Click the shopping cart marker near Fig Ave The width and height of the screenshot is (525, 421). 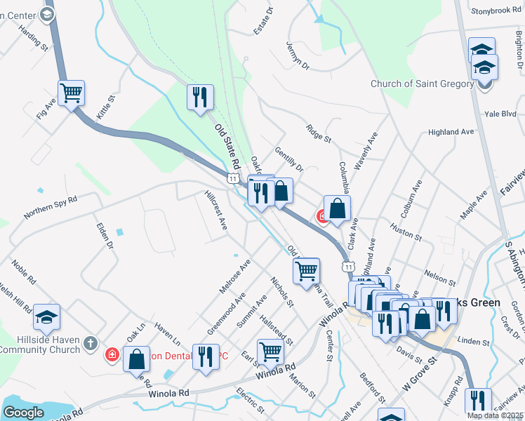72,93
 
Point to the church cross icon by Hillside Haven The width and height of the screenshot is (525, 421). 90,344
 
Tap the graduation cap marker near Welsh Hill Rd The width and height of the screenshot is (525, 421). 47,318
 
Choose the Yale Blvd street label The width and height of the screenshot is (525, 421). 500,114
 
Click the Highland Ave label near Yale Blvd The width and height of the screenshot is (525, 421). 451,132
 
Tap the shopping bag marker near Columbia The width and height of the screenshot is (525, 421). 337,208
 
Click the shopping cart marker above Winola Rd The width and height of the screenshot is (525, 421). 270,352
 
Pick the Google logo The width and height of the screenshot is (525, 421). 23,413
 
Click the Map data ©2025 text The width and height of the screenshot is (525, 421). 494,415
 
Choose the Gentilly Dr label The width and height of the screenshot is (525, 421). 288,164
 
